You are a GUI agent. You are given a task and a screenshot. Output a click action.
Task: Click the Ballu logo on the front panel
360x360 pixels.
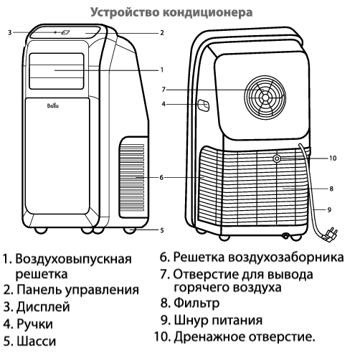pyautogui.click(x=53, y=105)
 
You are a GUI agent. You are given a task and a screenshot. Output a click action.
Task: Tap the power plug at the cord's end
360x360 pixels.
pyautogui.click(x=330, y=235)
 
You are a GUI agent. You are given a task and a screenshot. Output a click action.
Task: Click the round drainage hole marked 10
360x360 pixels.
pyautogui.click(x=277, y=158)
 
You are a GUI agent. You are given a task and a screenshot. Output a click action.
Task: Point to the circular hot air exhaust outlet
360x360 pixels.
pyautogui.click(x=265, y=98)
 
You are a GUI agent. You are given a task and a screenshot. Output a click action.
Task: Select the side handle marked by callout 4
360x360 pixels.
pyautogui.click(x=204, y=105)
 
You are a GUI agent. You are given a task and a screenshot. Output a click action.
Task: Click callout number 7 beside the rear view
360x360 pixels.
pyautogui.click(x=164, y=90)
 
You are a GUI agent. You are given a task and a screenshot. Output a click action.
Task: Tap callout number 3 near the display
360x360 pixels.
pyautogui.click(x=9, y=32)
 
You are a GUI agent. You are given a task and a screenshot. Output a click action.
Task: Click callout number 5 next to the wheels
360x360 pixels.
pyautogui.click(x=162, y=230)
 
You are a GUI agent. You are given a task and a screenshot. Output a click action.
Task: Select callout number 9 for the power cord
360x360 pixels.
pyautogui.click(x=329, y=210)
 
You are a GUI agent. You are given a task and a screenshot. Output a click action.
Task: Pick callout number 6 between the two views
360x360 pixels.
pyautogui.click(x=161, y=178)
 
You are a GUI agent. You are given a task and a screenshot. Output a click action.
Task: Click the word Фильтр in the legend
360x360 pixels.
pyautogui.click(x=196, y=303)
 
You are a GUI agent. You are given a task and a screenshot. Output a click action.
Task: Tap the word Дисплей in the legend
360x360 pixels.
pyautogui.click(x=43, y=307)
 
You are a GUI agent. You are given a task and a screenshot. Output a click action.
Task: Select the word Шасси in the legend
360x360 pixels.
pyautogui.click(x=37, y=341)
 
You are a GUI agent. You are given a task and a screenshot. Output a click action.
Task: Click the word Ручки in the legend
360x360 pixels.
pyautogui.click(x=34, y=324)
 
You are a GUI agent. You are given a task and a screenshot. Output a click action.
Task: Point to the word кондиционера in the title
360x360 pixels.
pyautogui.click(x=207, y=12)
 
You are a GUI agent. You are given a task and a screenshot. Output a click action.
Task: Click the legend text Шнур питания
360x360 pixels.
pyautogui.click(x=218, y=320)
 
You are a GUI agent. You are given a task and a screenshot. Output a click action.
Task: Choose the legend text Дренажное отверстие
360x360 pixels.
pyautogui.click(x=245, y=337)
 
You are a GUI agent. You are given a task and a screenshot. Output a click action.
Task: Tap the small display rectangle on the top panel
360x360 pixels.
pyautogui.click(x=65, y=32)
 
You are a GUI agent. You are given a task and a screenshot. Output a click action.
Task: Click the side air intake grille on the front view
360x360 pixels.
pyautogui.click(x=132, y=177)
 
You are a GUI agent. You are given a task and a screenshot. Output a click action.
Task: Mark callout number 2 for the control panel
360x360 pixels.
pyautogui.click(x=162, y=33)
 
